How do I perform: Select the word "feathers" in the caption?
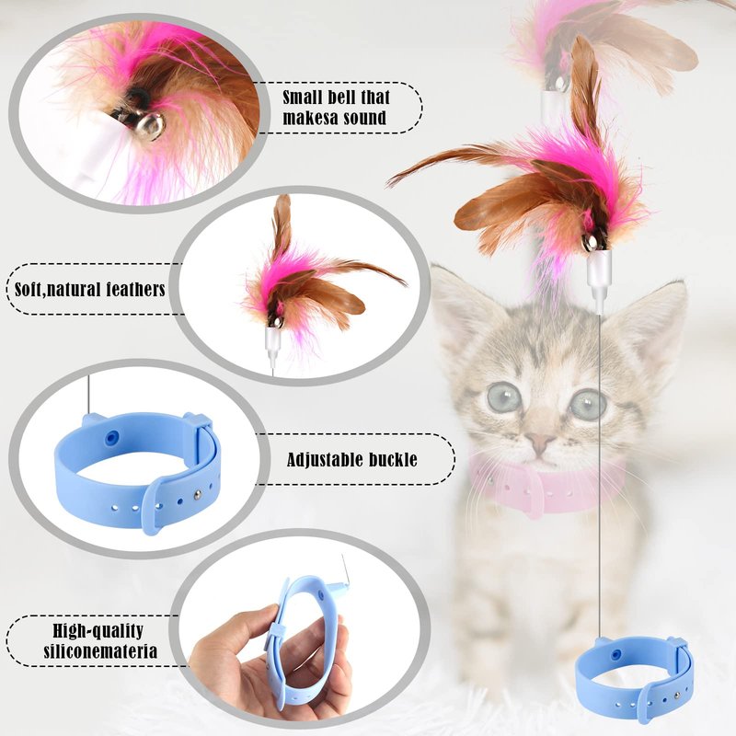click(x=135, y=289)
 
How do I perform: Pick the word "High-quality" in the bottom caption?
click(x=98, y=631)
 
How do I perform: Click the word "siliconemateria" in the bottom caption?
click(x=100, y=651)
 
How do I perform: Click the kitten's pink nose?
click(x=538, y=442)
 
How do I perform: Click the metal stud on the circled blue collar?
click(x=198, y=493)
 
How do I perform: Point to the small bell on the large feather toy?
click(x=591, y=242)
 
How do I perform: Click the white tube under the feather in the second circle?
click(x=271, y=342)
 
